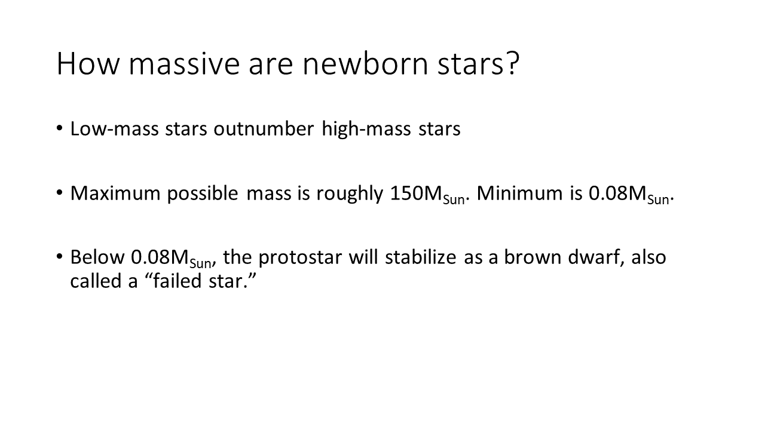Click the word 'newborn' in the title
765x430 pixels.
click(365, 63)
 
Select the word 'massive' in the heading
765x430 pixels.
click(184, 63)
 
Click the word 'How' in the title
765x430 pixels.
click(87, 63)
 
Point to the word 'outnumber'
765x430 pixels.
click(264, 129)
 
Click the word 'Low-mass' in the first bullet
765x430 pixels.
click(115, 129)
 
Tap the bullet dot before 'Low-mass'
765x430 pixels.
click(59, 128)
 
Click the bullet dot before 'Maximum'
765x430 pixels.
click(59, 192)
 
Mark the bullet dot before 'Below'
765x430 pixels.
click(59, 256)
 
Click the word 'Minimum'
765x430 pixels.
click(520, 193)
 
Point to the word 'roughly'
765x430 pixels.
click(350, 194)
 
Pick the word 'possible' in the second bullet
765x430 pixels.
click(203, 194)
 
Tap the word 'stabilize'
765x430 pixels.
click(421, 257)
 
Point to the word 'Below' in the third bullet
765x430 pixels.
click(97, 257)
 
